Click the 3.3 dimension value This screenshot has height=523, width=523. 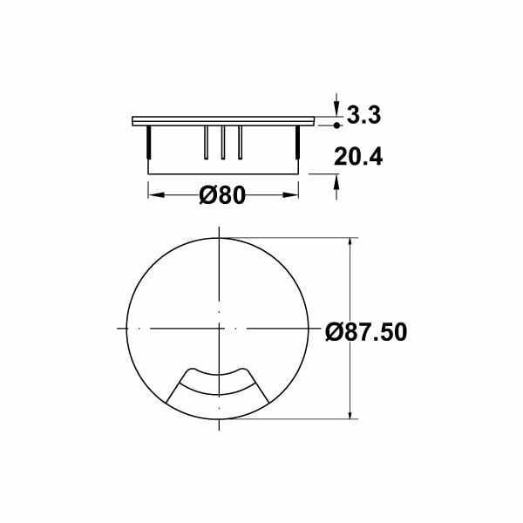coord(365,114)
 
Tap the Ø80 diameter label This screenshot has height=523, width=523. coord(222,195)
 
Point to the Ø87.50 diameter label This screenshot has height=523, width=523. coord(366,333)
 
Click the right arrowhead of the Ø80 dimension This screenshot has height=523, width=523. coord(295,194)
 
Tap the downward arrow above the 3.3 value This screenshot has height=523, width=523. coord(336,104)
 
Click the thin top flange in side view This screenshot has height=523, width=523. coord(222,119)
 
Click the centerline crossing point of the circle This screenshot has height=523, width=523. coord(218,329)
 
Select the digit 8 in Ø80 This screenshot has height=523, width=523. coord(226,195)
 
